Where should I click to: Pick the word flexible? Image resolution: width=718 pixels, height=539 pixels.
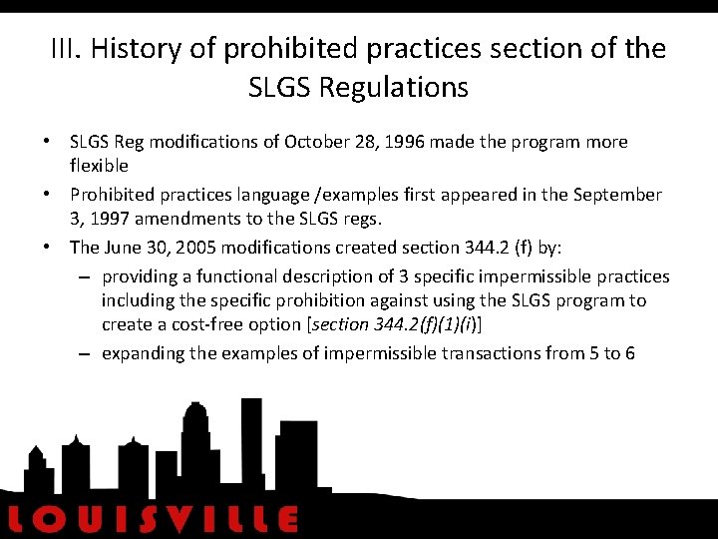99,165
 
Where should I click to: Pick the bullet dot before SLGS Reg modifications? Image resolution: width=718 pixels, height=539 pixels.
47,142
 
